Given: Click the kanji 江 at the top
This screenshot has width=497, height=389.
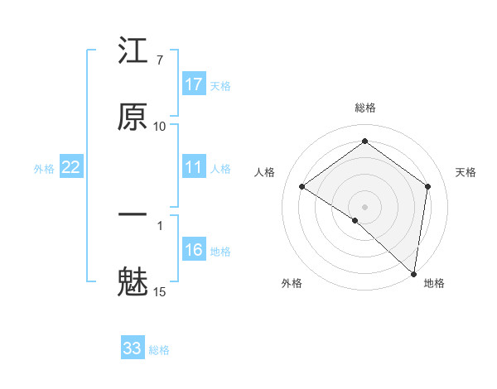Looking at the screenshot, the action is click(x=133, y=54).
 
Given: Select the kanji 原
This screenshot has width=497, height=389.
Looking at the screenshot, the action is click(x=133, y=118).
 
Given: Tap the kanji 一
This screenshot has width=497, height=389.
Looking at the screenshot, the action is click(x=133, y=216).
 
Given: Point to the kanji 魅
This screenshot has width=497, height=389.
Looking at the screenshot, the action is click(x=133, y=281).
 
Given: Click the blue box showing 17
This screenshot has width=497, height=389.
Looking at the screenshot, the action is click(x=194, y=84).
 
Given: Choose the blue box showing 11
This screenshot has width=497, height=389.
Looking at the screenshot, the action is click(x=194, y=167).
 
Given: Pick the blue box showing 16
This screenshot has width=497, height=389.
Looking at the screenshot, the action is click(x=194, y=250).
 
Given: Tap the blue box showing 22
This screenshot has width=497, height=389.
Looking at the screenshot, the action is click(x=71, y=167).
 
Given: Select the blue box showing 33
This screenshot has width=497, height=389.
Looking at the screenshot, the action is click(x=133, y=348).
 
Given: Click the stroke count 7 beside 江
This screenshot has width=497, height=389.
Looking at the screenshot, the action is click(x=159, y=60).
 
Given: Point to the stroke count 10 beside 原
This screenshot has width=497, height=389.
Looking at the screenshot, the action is click(x=160, y=126).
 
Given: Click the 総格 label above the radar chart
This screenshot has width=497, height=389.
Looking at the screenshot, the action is click(x=365, y=108).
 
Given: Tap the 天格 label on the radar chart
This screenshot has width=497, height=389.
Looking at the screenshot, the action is click(x=466, y=172).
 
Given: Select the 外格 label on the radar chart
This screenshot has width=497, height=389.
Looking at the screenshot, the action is click(x=292, y=283).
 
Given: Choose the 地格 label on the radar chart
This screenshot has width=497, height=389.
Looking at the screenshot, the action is click(x=434, y=283).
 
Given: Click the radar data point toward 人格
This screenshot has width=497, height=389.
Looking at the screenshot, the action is click(x=302, y=186).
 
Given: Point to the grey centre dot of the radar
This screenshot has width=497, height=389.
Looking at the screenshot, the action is click(x=365, y=206).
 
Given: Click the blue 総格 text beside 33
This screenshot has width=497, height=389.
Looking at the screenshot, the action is click(x=159, y=350).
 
